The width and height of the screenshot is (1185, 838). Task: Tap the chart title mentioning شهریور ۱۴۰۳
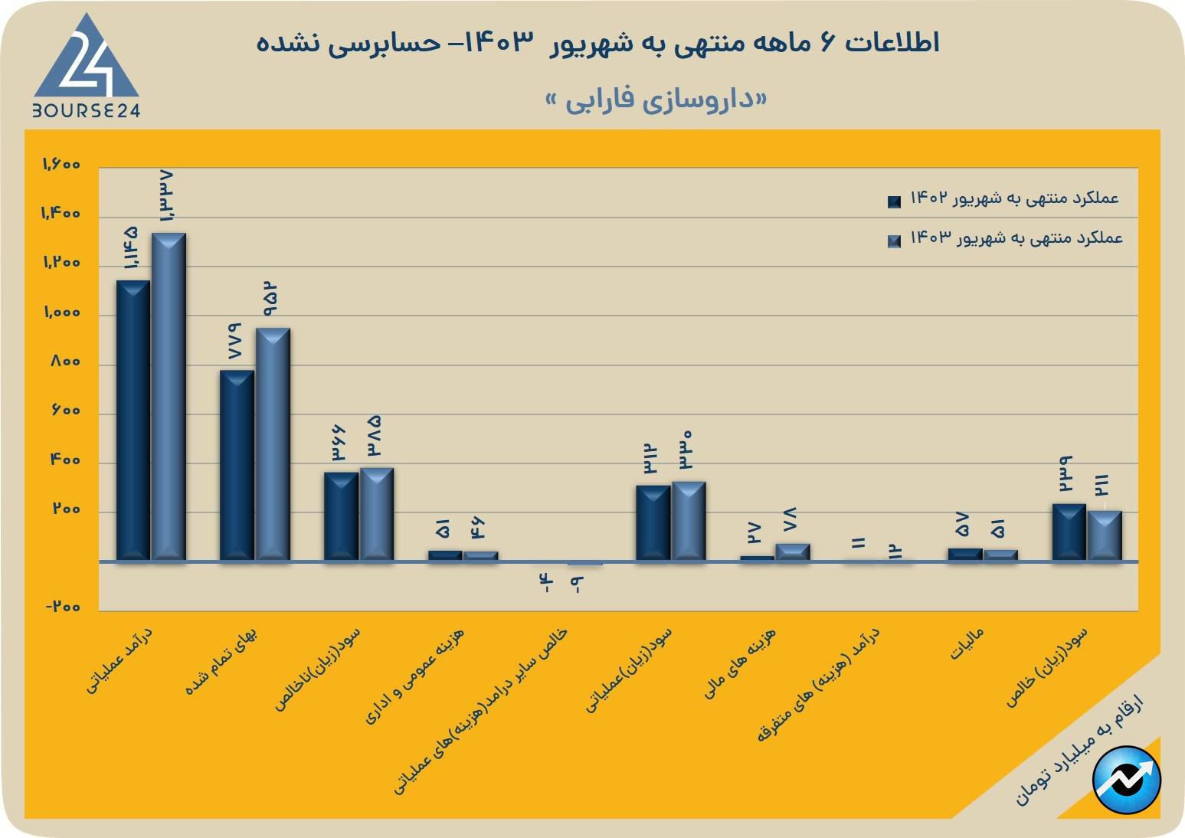[x=597, y=43]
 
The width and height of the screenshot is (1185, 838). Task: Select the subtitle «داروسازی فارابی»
[x=656, y=100]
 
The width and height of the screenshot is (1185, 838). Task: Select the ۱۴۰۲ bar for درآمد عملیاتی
[x=133, y=421]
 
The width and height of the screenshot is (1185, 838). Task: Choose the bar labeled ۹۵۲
[x=273, y=444]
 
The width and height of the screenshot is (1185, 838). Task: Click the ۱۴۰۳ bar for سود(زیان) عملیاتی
[x=689, y=522]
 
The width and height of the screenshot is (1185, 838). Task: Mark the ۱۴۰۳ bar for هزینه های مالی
[x=793, y=552]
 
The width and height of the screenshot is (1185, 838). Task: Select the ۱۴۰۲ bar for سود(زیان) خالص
[x=1069, y=532]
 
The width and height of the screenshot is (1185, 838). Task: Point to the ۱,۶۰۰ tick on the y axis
[x=61, y=165]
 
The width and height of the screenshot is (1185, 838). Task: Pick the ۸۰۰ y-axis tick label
[x=65, y=362]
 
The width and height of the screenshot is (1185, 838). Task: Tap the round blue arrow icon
[x=1127, y=780]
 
